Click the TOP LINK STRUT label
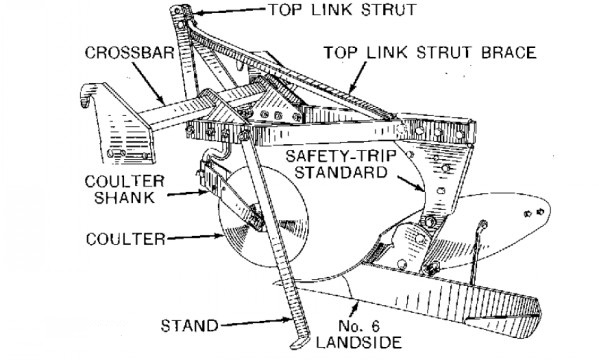click(x=342, y=10)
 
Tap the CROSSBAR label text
click(x=130, y=53)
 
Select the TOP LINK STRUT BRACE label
click(x=430, y=52)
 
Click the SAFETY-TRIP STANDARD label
click(x=341, y=164)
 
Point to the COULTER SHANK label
click(x=125, y=190)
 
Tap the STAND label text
click(x=189, y=326)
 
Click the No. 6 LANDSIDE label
click(x=359, y=334)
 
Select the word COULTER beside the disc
click(x=126, y=239)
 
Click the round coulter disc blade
click(x=264, y=217)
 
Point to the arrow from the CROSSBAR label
click(x=151, y=84)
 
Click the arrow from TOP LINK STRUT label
click(x=230, y=11)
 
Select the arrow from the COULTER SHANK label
click(x=188, y=194)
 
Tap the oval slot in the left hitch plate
click(x=116, y=153)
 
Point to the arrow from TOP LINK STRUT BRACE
click(x=357, y=78)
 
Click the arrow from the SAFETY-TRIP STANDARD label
click(x=411, y=183)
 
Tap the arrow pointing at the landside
click(x=354, y=310)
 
